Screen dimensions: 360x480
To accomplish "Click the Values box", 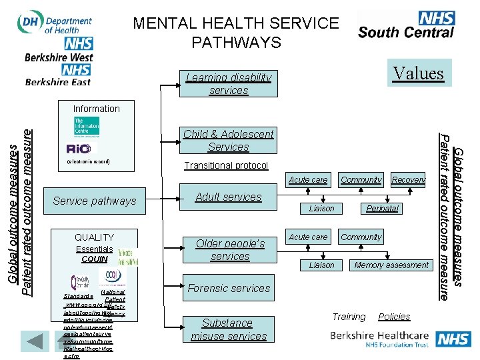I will tap(418, 73).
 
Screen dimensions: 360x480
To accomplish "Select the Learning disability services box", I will tap(229, 84).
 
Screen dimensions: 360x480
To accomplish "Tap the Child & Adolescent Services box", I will tap(229, 140).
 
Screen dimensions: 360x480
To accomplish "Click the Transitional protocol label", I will tap(226, 165).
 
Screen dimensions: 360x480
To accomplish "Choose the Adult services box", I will tap(229, 197).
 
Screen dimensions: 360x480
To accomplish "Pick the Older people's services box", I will tap(230, 249).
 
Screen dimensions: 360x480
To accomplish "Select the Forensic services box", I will tap(229, 288).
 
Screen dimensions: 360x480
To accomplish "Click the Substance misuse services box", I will tap(227, 329).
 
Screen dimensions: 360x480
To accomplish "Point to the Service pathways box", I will tap(94, 201).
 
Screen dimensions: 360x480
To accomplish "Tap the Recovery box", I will tap(408, 180).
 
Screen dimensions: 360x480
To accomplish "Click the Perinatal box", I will tap(382, 209).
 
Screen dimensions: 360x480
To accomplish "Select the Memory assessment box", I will tap(391, 265).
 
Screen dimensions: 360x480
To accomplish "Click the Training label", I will tap(349, 317).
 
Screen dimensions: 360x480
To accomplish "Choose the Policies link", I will tap(394, 317).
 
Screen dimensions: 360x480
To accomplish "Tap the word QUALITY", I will tap(94, 237).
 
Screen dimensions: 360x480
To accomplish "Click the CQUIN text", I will tap(94, 259).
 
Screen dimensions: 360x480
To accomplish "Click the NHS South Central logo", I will tap(406, 25).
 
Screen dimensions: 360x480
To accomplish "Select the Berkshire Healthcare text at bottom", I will tap(383, 336).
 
